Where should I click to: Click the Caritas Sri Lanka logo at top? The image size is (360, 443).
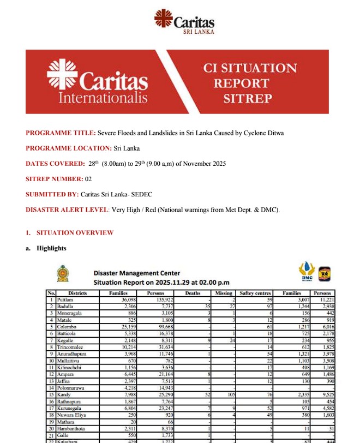pyautogui.click(x=184, y=22)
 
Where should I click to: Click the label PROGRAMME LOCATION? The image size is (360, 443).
pyautogui.click(x=68, y=148)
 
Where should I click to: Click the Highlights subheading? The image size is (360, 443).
pyautogui.click(x=51, y=248)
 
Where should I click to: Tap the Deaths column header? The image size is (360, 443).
pyautogui.click(x=193, y=293)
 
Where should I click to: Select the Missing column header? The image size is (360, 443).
pyautogui.click(x=224, y=293)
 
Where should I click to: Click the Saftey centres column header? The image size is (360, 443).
pyautogui.click(x=254, y=293)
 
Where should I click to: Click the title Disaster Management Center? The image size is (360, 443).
pyautogui.click(x=136, y=273)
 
